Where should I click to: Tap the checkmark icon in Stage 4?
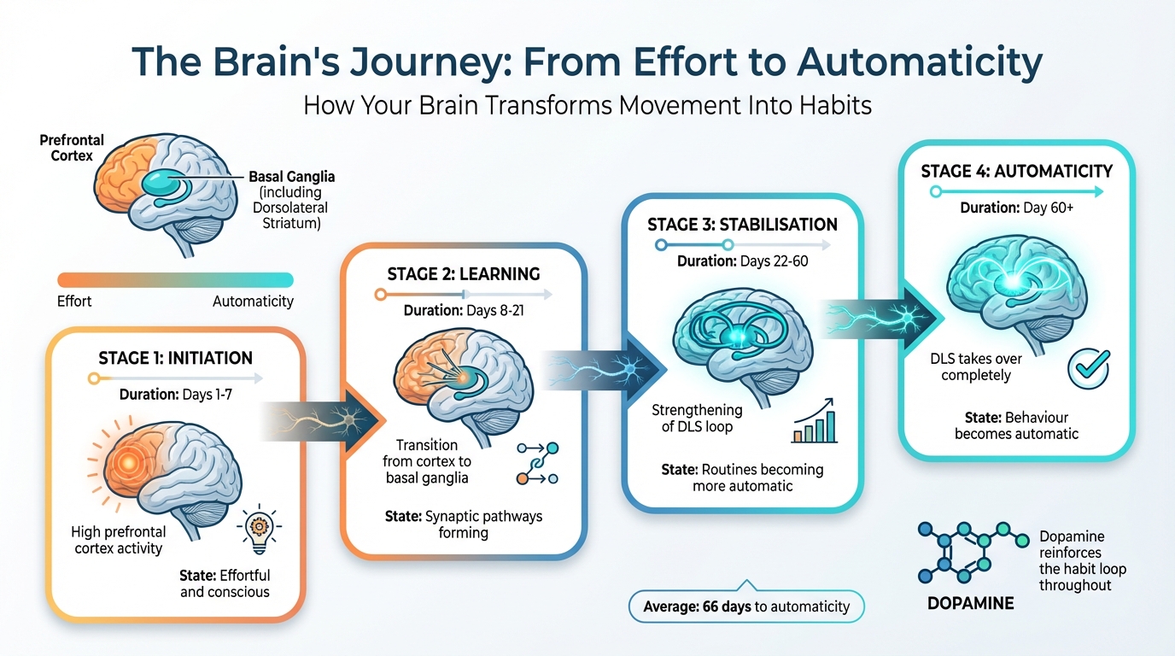pyautogui.click(x=1089, y=369)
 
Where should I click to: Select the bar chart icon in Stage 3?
pyautogui.click(x=814, y=423)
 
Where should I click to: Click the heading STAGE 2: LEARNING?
pyautogui.click(x=464, y=274)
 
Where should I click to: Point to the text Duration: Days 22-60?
pyautogui.click(x=742, y=261)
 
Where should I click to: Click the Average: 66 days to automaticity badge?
pyautogui.click(x=746, y=606)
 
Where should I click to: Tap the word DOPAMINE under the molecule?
pyautogui.click(x=970, y=603)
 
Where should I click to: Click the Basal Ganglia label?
pyautogui.click(x=292, y=177)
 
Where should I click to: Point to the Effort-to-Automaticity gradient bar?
pyautogui.click(x=175, y=280)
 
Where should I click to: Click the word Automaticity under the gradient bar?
pyautogui.click(x=253, y=302)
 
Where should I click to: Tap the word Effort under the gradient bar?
pyautogui.click(x=74, y=302)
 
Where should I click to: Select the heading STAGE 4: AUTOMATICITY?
pyautogui.click(x=1016, y=171)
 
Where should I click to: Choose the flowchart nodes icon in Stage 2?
pyautogui.click(x=538, y=465)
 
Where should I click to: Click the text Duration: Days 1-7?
pyautogui.click(x=176, y=395)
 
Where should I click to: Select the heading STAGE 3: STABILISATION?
pyautogui.click(x=742, y=225)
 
